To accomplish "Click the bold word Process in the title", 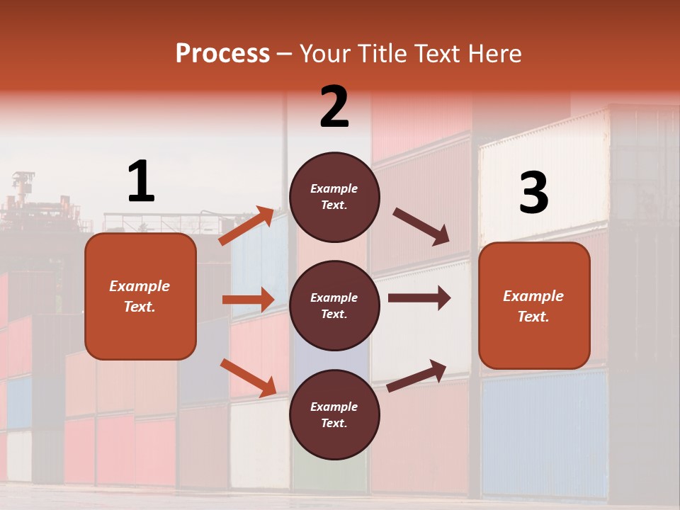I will coord(222,53).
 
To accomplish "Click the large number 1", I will coord(141,182).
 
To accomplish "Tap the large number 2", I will coord(334,107).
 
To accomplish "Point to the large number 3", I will coord(533,193).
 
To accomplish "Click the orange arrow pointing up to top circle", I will coord(246,226).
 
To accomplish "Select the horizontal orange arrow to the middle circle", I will coord(248,300).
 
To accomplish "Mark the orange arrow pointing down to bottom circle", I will coord(248,377).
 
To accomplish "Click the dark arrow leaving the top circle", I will coord(421,227).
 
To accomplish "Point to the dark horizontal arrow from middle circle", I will coord(419,298).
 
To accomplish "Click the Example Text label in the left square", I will coord(140,296).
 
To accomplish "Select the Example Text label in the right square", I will coord(533,306).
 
